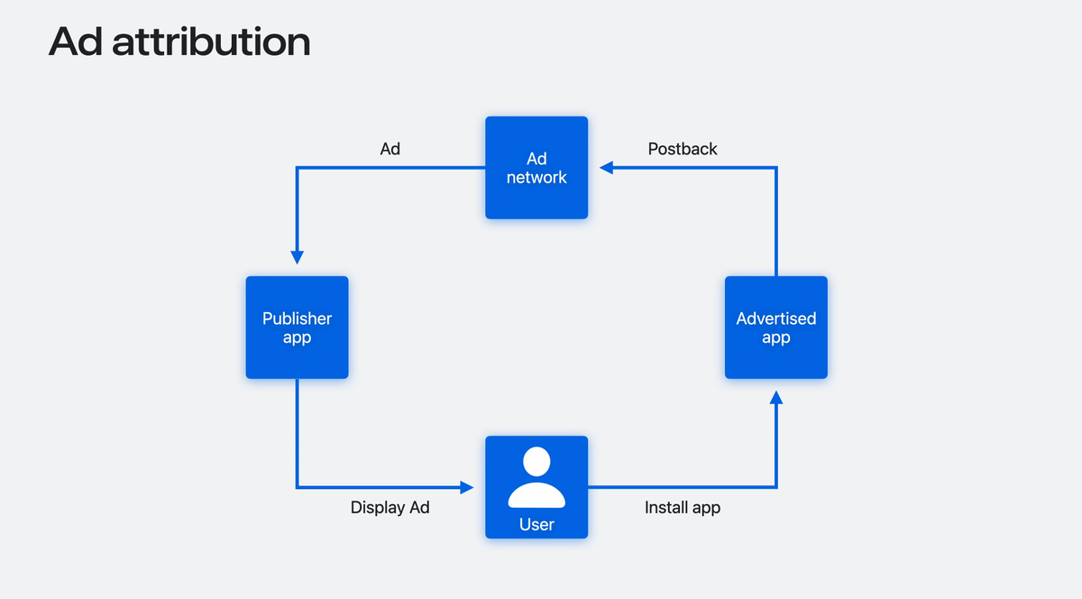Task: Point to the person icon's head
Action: pos(536,462)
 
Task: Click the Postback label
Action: pos(683,149)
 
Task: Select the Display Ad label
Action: pos(390,508)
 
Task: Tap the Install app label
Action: pos(683,508)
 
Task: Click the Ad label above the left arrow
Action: pos(390,149)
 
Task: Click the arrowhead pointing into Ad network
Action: pos(607,167)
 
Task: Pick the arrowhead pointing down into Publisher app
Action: pos(297,257)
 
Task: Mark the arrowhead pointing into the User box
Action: pos(466,487)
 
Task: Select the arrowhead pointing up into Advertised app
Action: pos(776,398)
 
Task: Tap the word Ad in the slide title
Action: pos(75,42)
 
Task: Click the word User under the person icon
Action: pos(536,524)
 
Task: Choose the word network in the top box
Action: pos(536,178)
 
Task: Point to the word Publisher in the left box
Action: pos(297,318)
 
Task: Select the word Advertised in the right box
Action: pos(775,318)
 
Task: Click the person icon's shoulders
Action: pos(536,495)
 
